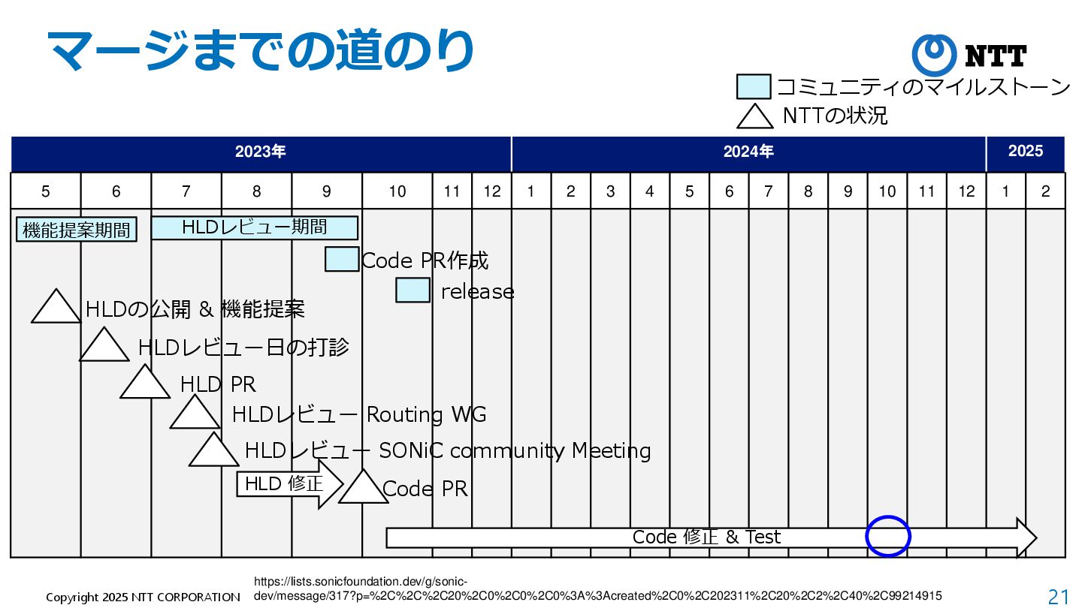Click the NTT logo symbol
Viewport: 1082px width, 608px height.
pos(934,55)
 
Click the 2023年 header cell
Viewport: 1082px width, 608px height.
pos(261,152)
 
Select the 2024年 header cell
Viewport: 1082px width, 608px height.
pos(748,152)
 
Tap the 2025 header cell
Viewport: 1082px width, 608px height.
pos(1025,152)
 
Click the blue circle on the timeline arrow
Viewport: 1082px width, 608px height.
pos(887,537)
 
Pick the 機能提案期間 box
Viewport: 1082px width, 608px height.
pos(76,230)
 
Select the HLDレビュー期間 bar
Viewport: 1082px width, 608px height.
pos(254,227)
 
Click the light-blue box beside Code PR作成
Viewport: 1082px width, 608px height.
pos(342,259)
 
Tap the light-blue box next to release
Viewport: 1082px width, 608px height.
pos(413,290)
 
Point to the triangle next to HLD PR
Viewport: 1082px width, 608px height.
pos(145,384)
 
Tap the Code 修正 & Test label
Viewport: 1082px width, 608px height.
pos(706,537)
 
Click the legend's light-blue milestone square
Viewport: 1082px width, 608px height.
pos(754,87)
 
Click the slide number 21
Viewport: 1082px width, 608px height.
pos(1058,597)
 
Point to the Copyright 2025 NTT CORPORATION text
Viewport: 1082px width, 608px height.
pos(143,597)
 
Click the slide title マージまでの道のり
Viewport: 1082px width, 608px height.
pos(260,50)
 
